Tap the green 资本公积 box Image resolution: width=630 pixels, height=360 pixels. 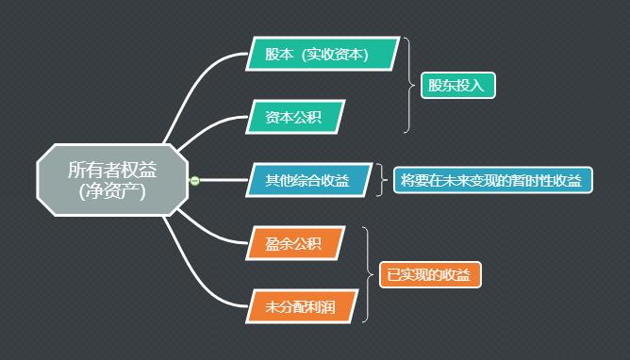coord(293,117)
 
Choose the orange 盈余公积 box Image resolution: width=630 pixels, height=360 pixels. coord(293,244)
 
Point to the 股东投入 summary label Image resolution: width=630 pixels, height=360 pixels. coord(456,86)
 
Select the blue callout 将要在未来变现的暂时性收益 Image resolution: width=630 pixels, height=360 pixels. coord(492,180)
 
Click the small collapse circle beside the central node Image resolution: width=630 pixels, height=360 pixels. coord(194,180)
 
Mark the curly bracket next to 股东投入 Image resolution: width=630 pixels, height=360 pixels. coord(408,86)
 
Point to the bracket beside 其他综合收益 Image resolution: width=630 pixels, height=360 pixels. coord(382,179)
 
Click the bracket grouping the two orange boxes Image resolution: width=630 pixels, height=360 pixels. coord(367,274)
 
